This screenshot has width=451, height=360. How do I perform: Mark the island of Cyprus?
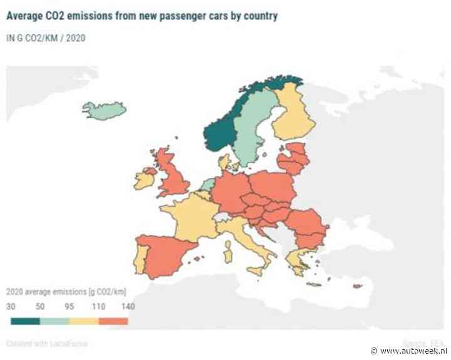(357, 287)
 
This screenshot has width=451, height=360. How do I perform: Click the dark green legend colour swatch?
(25, 321)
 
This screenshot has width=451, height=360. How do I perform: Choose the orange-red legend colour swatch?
(113, 321)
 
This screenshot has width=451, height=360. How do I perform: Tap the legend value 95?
(70, 307)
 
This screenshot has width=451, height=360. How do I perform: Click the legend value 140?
(128, 307)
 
